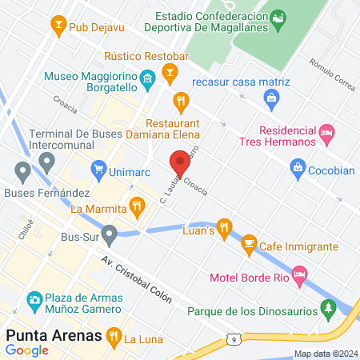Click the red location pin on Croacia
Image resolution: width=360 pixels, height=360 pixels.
[x=179, y=163]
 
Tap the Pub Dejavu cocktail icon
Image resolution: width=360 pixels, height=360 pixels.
[x=58, y=26]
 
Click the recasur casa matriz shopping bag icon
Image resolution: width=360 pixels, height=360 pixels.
[x=271, y=98]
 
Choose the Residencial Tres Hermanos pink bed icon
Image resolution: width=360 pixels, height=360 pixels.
[x=326, y=132]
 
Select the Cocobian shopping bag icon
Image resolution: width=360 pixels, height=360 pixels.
[x=298, y=168]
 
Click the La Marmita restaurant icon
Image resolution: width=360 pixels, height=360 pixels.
[x=138, y=206]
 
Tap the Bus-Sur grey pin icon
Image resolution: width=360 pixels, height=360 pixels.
[x=109, y=234]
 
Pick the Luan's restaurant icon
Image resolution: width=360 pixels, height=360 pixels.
[x=224, y=226]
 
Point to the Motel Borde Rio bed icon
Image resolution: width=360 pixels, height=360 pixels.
[x=299, y=277]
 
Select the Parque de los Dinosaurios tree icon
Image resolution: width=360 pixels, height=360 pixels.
[x=327, y=306]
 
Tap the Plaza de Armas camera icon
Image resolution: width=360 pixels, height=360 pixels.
[x=34, y=300]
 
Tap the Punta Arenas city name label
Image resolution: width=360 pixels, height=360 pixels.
[x=54, y=334]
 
